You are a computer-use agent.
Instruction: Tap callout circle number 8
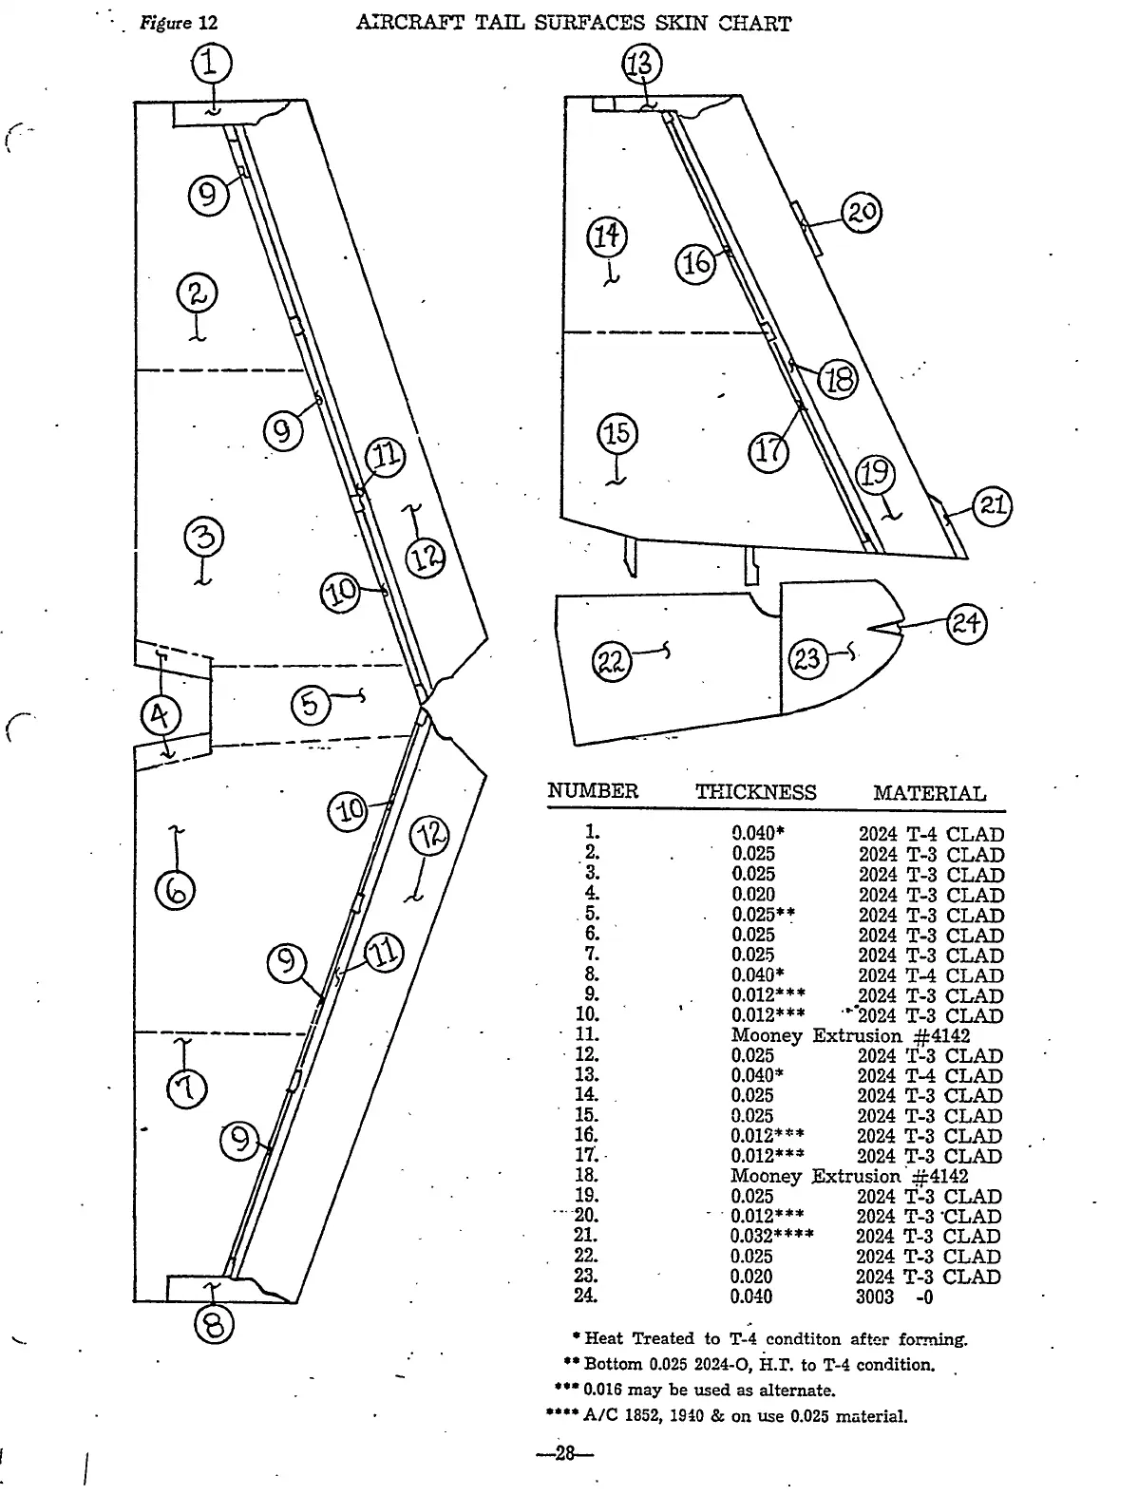click(x=215, y=1324)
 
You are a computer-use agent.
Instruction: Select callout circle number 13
click(x=641, y=65)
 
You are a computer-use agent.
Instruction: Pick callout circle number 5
click(x=311, y=706)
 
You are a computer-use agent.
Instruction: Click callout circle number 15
click(x=617, y=435)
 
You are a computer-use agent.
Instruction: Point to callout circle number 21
click(x=992, y=505)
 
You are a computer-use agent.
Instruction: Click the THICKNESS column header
click(x=755, y=792)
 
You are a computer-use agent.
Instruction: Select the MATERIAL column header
click(x=929, y=793)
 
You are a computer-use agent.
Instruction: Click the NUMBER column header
click(x=593, y=791)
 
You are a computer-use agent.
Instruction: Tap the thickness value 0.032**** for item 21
click(x=771, y=1236)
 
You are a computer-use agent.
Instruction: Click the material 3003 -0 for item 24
click(x=894, y=1296)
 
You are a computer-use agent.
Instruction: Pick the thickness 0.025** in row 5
click(x=763, y=915)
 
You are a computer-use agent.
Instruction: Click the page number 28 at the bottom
click(x=566, y=1453)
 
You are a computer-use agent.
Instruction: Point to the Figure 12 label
click(x=179, y=24)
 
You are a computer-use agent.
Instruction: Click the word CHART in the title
click(x=754, y=24)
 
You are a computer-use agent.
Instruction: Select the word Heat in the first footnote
click(x=604, y=1338)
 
